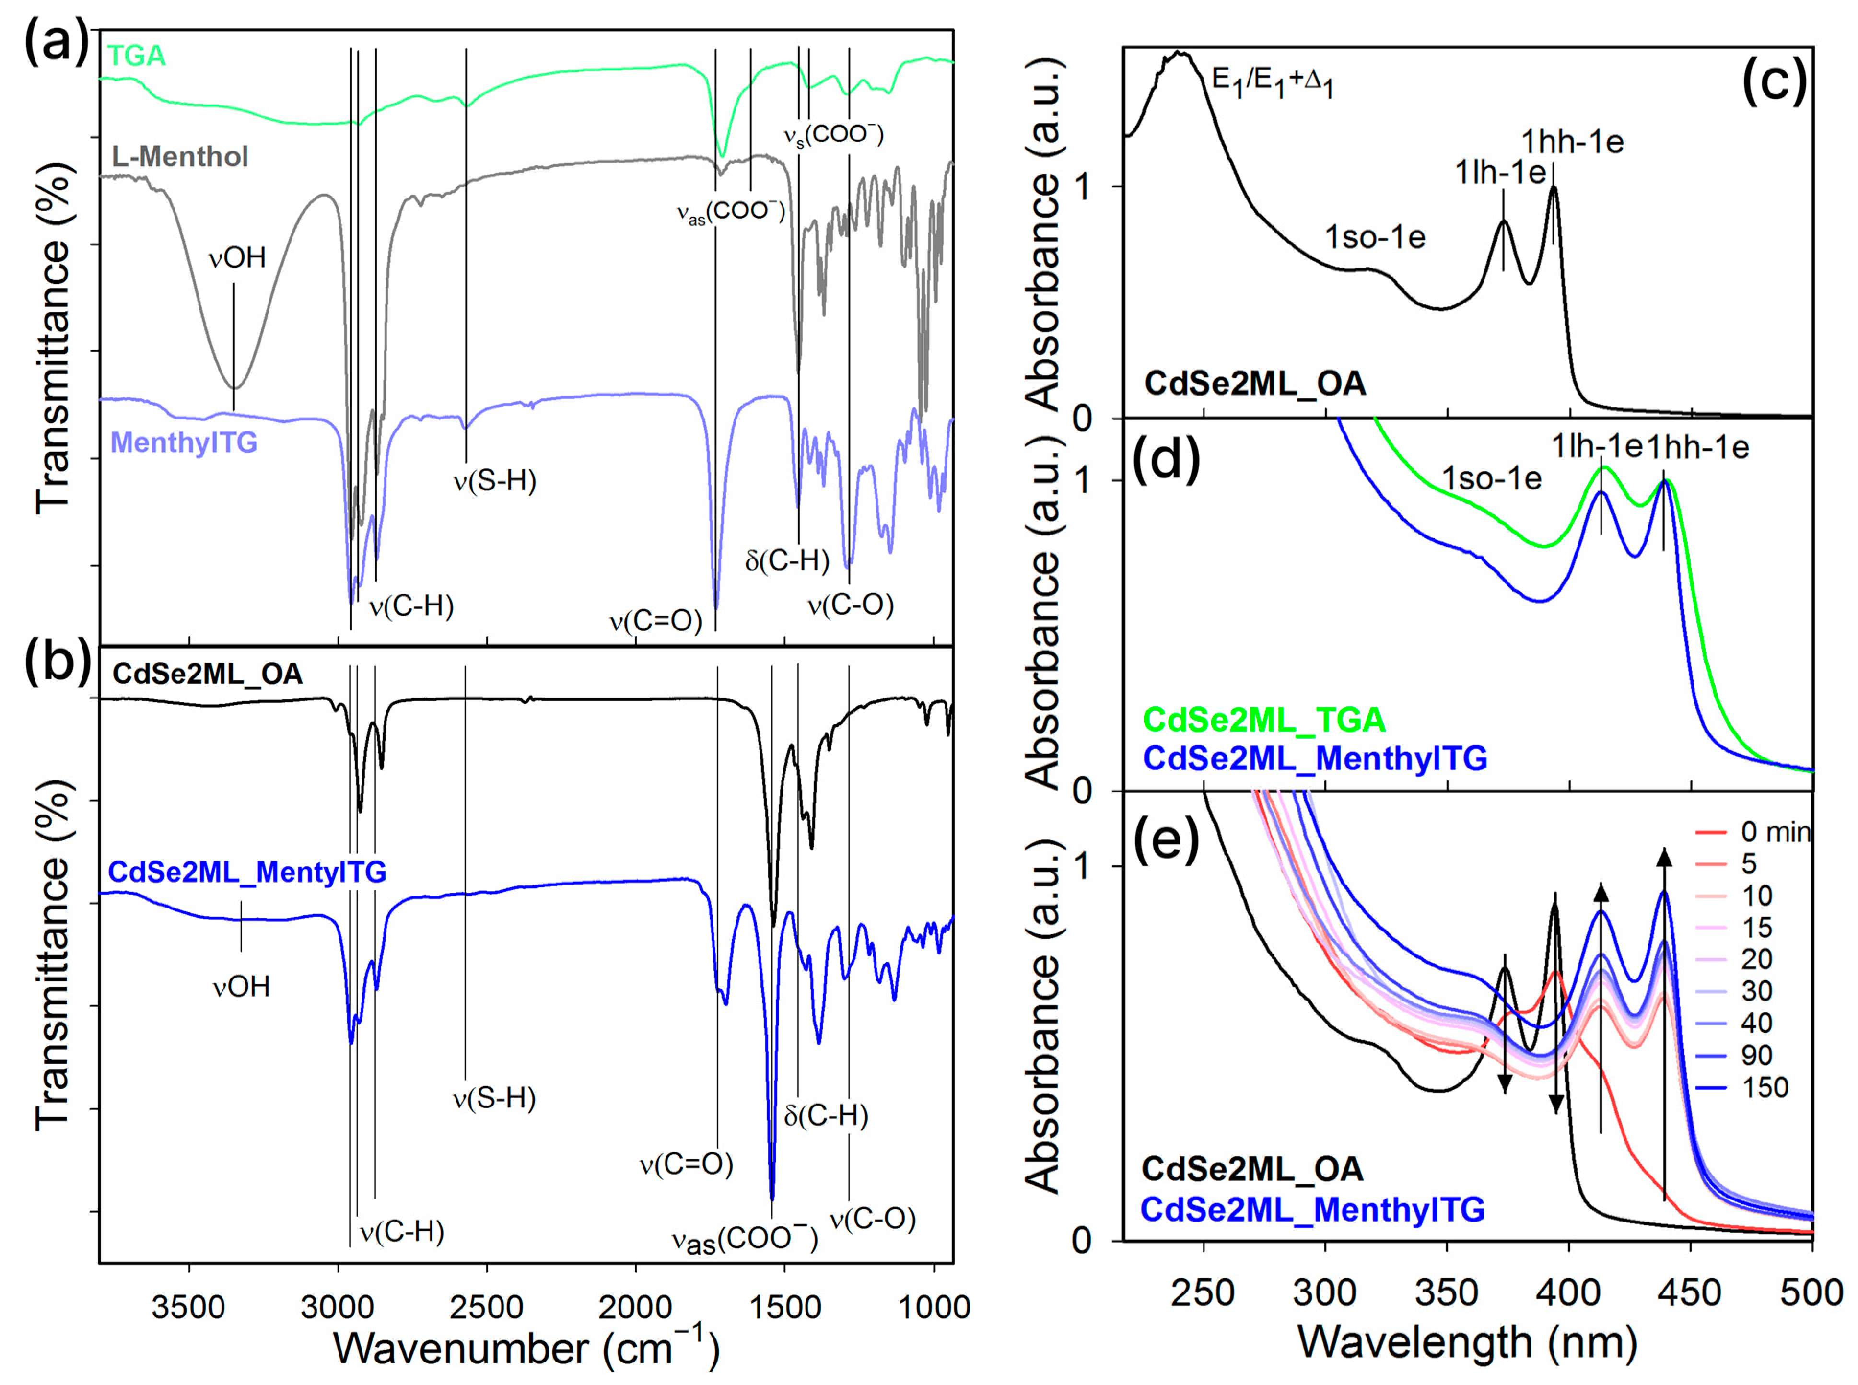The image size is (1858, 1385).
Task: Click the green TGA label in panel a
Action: (137, 56)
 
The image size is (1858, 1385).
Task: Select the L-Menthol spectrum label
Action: (180, 157)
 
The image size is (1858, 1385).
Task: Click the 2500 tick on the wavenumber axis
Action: (486, 1307)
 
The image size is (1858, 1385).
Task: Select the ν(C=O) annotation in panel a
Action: (655, 622)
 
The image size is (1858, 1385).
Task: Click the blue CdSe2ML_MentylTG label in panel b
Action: (247, 873)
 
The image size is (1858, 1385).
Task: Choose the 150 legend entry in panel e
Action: (1764, 1088)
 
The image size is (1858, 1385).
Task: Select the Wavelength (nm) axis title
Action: (1467, 1341)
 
